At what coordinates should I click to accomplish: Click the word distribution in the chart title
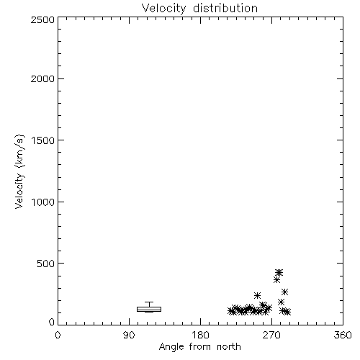pos(225,8)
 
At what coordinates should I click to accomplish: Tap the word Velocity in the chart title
pos(164,8)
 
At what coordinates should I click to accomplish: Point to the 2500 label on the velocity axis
pos(42,19)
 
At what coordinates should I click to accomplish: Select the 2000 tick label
pos(42,79)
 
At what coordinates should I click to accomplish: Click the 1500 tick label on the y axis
pos(43,140)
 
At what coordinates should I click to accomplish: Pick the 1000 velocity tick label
pos(43,202)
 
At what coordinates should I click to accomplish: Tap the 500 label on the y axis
pos(46,264)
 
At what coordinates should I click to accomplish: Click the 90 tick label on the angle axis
pos(129,335)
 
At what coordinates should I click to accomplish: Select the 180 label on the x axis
pos(200,335)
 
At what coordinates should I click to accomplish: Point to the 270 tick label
pos(271,335)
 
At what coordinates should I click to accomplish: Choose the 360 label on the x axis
pos(343,335)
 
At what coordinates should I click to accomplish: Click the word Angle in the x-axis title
pos(171,347)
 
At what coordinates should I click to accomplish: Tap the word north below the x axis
pos(229,346)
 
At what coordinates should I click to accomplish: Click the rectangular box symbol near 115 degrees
pos(149,309)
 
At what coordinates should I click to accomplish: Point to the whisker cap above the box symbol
pos(149,302)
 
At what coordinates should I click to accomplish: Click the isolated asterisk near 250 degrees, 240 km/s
pos(257,295)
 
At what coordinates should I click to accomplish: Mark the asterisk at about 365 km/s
pos(276,279)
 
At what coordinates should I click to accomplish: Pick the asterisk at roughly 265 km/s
pos(284,292)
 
